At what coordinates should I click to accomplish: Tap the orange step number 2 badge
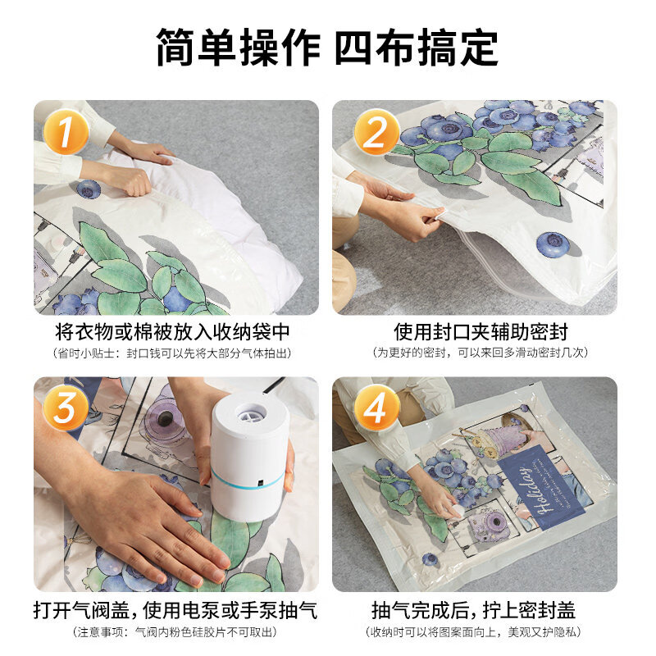pyautogui.click(x=376, y=132)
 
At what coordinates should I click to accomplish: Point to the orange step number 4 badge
pyautogui.click(x=376, y=408)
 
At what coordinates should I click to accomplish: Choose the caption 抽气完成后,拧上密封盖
pyautogui.click(x=474, y=610)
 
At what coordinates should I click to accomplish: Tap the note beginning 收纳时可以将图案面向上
pyautogui.click(x=474, y=631)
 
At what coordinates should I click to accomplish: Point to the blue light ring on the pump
pyautogui.click(x=247, y=485)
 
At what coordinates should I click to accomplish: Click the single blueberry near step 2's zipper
pyautogui.click(x=552, y=244)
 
